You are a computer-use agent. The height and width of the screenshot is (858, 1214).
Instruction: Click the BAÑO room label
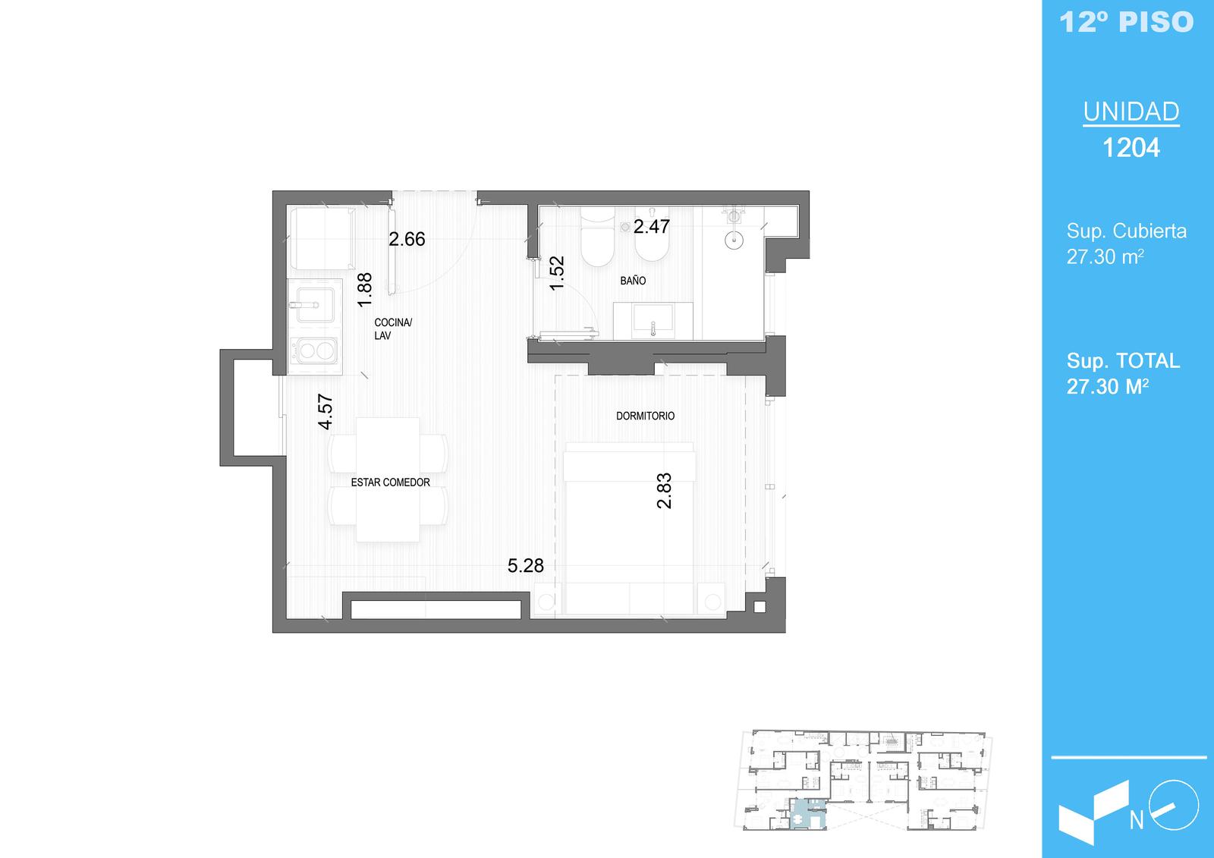coord(633,281)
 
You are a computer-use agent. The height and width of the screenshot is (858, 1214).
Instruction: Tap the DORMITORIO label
coord(645,416)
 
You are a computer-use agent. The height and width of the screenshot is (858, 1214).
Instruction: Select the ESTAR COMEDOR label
coord(390,482)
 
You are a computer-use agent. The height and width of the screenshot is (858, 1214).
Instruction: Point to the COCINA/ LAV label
coord(393,329)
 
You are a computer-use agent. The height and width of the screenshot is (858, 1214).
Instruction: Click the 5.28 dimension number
coord(525,566)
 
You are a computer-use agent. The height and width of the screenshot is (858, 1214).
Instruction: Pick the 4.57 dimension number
coord(326,411)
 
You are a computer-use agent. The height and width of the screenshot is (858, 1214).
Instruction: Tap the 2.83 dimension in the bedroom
coord(664,491)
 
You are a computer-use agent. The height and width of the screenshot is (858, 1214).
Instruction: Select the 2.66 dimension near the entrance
coord(407,239)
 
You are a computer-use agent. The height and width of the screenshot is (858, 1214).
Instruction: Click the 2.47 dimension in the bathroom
coord(652,227)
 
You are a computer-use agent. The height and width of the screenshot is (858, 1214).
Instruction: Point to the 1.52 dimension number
coord(557,273)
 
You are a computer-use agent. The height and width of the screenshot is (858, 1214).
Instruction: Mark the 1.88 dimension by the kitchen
coord(365,290)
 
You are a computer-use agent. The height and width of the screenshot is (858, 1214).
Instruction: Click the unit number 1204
coord(1131,147)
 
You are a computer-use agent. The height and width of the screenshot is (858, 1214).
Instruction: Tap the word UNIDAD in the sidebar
coord(1131,112)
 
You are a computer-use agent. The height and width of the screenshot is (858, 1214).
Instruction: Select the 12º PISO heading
coord(1127,22)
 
